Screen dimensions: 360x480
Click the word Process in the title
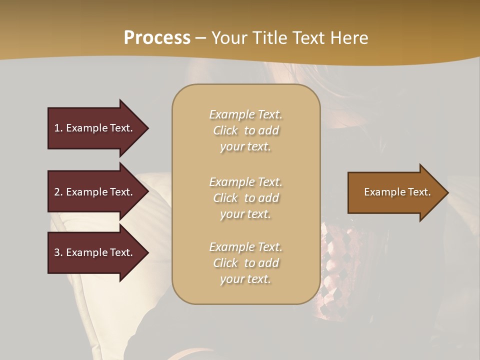(x=157, y=38)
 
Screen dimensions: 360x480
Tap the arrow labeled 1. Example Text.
(x=95, y=128)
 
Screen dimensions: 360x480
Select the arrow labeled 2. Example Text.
(x=95, y=192)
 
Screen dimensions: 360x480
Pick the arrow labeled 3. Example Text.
(x=95, y=252)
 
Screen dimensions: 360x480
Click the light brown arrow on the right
(x=395, y=192)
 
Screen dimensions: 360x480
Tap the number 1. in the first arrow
(x=58, y=128)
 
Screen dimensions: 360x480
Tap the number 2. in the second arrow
(x=58, y=192)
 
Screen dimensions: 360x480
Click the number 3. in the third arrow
(x=58, y=252)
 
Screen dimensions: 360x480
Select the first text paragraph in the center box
(x=245, y=130)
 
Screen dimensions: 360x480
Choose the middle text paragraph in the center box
(x=245, y=198)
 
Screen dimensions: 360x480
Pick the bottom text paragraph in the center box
(x=245, y=263)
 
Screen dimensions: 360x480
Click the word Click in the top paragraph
(x=225, y=130)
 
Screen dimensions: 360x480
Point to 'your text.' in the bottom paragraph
(x=245, y=279)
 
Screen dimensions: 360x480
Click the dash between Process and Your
(x=201, y=38)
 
